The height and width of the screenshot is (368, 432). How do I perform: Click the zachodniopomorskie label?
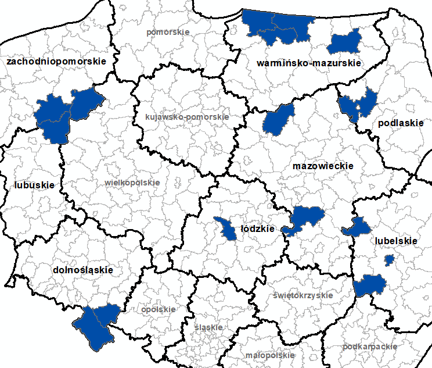click(56, 60)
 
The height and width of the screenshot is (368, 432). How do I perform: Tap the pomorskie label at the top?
click(168, 32)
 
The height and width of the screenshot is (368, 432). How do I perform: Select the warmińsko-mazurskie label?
click(309, 63)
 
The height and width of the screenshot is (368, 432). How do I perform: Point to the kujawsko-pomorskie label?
click(187, 117)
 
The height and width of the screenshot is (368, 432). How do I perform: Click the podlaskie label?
click(401, 123)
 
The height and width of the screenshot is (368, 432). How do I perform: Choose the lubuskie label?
click(34, 185)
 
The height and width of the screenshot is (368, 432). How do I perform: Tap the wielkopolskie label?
click(132, 183)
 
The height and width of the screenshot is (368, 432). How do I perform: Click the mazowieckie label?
click(323, 166)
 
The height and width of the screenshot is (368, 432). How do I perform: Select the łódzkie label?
click(257, 229)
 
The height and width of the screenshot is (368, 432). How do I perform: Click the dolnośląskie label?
click(82, 270)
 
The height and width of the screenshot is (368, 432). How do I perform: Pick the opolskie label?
click(158, 309)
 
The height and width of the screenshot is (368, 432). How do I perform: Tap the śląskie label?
click(209, 327)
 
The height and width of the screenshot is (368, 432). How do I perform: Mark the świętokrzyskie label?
click(303, 295)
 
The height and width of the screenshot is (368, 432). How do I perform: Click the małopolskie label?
click(270, 355)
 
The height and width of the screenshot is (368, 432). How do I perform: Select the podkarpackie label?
click(370, 346)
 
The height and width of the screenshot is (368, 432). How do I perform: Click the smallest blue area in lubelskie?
click(389, 259)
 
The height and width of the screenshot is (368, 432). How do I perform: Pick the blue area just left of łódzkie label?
click(224, 228)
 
